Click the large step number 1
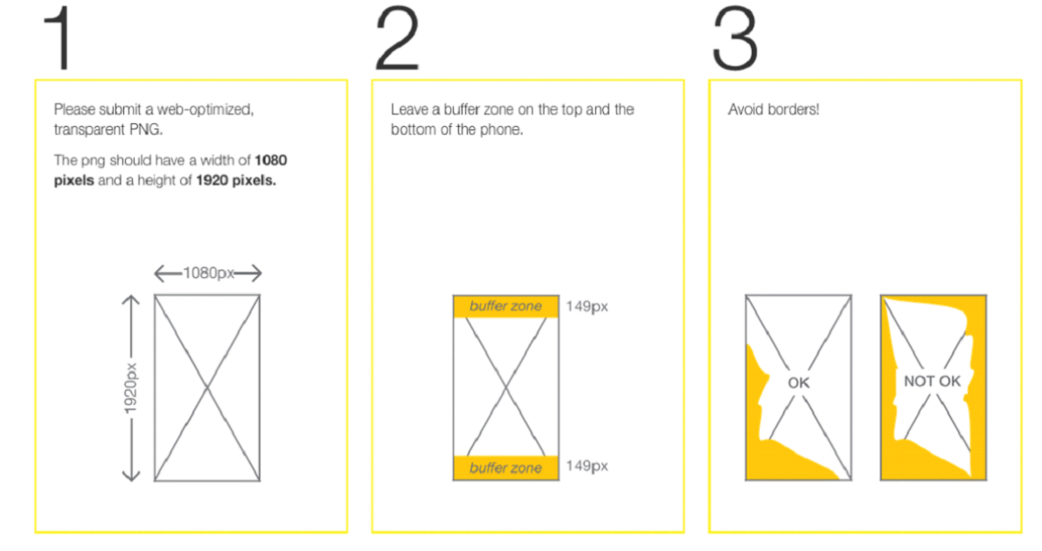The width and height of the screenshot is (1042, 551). tap(58, 38)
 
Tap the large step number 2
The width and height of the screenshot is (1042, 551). tap(397, 38)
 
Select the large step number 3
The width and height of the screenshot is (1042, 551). tap(734, 38)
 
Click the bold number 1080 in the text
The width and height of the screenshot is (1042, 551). tap(270, 160)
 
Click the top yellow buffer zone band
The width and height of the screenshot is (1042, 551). tap(506, 306)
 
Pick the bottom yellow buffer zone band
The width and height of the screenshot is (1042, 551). tap(506, 467)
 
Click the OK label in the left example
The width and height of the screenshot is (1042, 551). tap(798, 383)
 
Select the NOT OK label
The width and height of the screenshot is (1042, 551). tap(932, 381)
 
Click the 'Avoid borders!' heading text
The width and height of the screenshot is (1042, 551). tap(774, 109)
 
